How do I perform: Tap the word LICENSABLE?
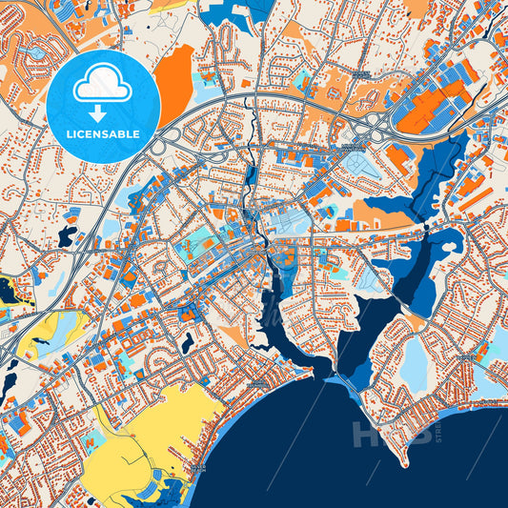pos(102,133)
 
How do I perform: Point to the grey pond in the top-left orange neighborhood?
pos(38,53)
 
